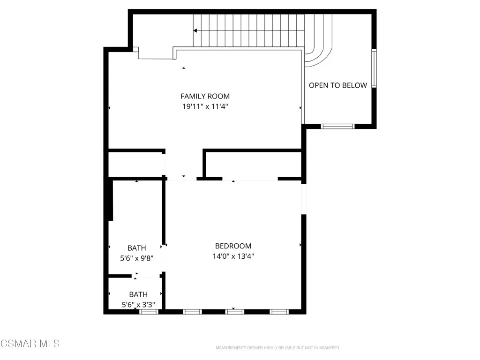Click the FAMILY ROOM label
point(205,97)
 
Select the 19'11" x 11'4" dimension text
point(205,106)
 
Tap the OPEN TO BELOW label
point(337,85)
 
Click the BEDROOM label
point(233,246)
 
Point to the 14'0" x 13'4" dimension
point(233,256)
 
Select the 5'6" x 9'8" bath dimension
point(137,258)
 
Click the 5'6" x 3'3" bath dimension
point(138,304)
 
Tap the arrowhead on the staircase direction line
point(195,30)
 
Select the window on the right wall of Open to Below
point(374,68)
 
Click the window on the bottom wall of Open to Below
point(337,126)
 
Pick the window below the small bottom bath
point(149,311)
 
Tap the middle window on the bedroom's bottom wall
point(235,311)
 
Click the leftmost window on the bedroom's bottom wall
point(192,311)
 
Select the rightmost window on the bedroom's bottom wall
point(279,311)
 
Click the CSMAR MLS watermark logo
point(30,344)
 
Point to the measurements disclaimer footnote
point(277,348)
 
